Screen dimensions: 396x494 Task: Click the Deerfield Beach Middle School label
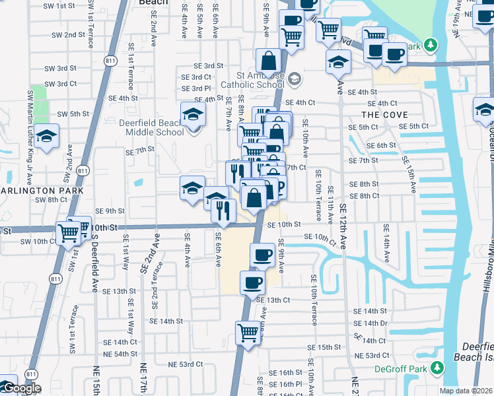click(151, 127)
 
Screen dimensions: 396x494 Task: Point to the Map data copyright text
click(465, 391)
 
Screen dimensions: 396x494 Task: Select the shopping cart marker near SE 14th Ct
click(248, 331)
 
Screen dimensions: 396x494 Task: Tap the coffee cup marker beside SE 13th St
click(252, 282)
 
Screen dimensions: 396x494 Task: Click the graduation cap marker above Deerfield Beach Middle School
click(193, 114)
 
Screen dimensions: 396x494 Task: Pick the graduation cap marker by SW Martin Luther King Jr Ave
click(46, 136)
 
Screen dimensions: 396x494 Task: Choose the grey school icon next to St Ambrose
click(294, 79)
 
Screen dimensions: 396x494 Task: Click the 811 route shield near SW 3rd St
click(111, 63)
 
